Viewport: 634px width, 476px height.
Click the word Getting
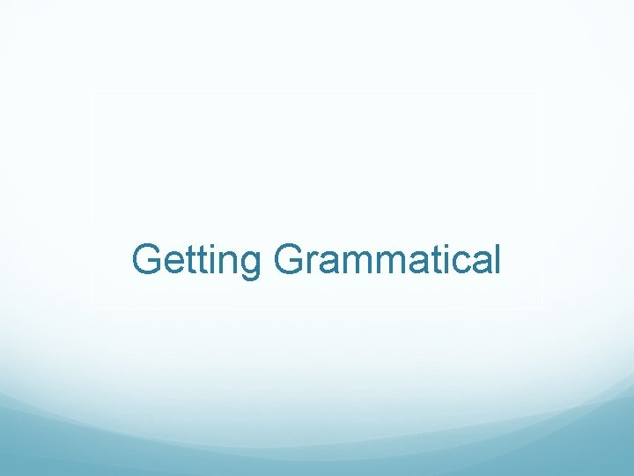(196, 261)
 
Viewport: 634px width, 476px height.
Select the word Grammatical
(387, 260)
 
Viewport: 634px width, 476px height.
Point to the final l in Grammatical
(494, 259)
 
